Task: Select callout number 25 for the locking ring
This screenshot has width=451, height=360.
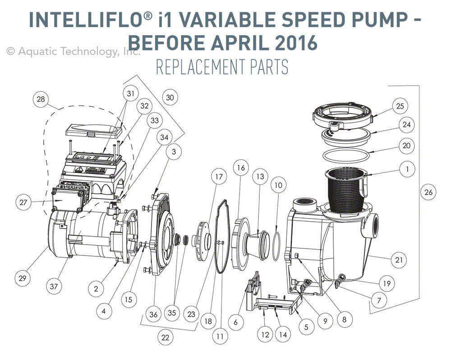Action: coord(400,106)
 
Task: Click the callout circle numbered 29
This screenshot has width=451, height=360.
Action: coord(22,279)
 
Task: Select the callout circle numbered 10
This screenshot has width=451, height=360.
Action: coord(278,186)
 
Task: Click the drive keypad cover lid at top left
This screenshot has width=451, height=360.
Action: coord(94,131)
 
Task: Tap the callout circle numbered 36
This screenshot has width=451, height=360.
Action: coord(153,315)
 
